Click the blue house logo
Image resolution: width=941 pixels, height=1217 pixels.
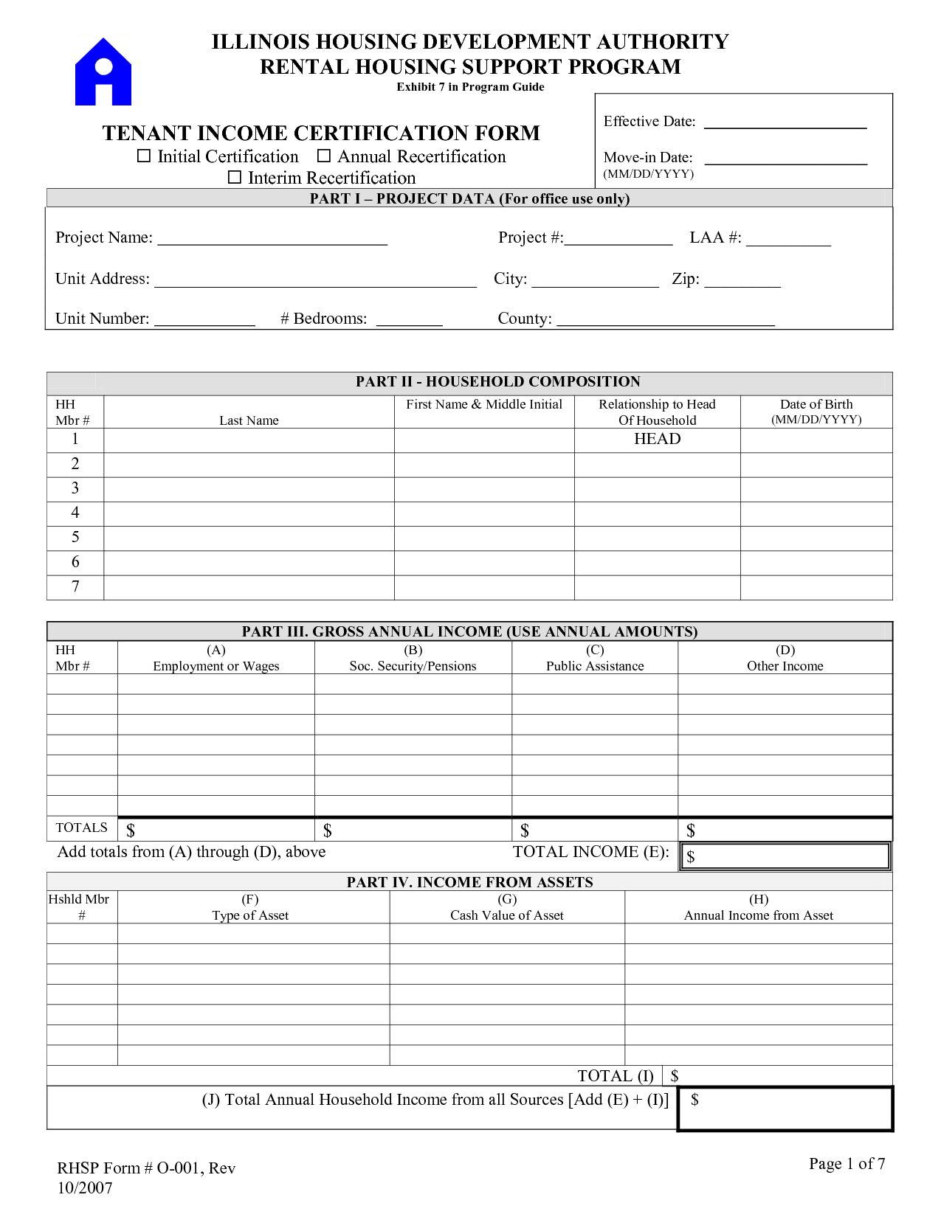pos(103,72)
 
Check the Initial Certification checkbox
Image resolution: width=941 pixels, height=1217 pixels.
pos(145,156)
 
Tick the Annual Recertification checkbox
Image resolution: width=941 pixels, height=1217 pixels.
pos(324,156)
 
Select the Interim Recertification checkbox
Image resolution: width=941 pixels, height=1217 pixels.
pos(235,178)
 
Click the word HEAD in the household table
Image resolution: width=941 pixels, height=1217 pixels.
pos(657,440)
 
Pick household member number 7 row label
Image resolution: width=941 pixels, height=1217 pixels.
pos(75,587)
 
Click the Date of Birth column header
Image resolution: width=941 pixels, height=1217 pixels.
pos(816,412)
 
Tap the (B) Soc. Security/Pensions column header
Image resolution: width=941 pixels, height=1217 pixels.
pos(413,658)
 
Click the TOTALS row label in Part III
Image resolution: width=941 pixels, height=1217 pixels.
pos(81,828)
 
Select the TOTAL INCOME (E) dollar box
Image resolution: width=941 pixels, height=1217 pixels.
pos(785,856)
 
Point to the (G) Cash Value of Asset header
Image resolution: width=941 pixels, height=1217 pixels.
pos(507,907)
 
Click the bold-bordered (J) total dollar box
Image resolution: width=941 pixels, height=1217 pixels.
pos(785,1109)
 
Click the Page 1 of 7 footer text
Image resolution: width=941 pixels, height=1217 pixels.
pos(847,1164)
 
